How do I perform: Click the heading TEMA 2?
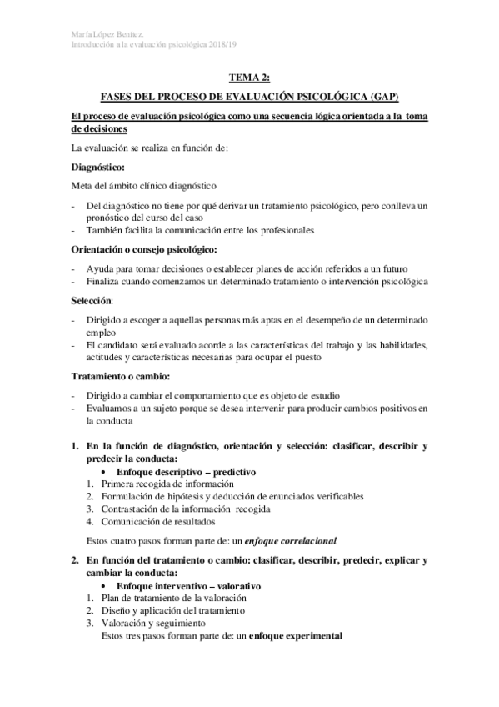[249, 78]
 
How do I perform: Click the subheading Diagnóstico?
[100, 168]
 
